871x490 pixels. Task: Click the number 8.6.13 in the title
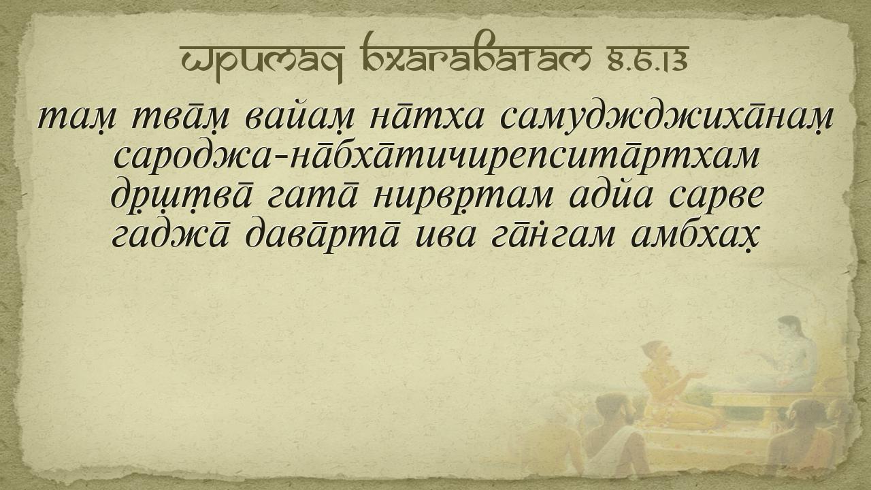click(x=648, y=59)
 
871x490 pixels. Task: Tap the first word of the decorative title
click(x=263, y=62)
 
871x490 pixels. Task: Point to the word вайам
click(x=300, y=117)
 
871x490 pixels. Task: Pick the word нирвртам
click(x=462, y=199)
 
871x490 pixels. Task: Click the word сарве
click(x=717, y=198)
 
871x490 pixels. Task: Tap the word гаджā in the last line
click(x=171, y=235)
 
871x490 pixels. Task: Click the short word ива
click(x=445, y=237)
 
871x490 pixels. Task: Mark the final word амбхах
click(x=690, y=237)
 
